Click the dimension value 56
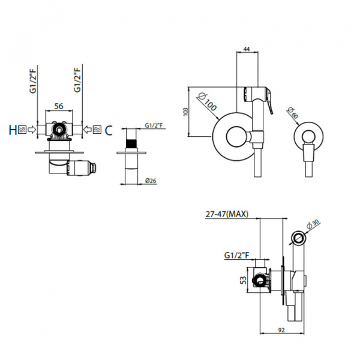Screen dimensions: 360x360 [59, 106]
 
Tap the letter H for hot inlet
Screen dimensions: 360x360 [13, 130]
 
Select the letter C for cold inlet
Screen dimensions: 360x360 [109, 130]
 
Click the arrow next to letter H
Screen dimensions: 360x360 [32, 130]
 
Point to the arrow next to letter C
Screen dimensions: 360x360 [87, 130]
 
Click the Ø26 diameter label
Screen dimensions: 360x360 [151, 181]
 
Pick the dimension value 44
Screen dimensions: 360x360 [247, 49]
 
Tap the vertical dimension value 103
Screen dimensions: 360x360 [186, 112]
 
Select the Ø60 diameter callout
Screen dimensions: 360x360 [293, 113]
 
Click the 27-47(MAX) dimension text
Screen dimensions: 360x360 [227, 214]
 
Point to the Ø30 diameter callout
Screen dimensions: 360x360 [313, 224]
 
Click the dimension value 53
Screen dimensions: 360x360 [244, 280]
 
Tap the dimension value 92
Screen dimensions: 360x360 [281, 330]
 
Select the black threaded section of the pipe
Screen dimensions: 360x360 [131, 144]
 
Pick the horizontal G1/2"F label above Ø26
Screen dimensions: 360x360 [154, 125]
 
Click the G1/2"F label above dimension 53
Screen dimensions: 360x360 [236, 256]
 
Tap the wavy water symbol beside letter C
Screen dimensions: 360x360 [97, 130]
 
